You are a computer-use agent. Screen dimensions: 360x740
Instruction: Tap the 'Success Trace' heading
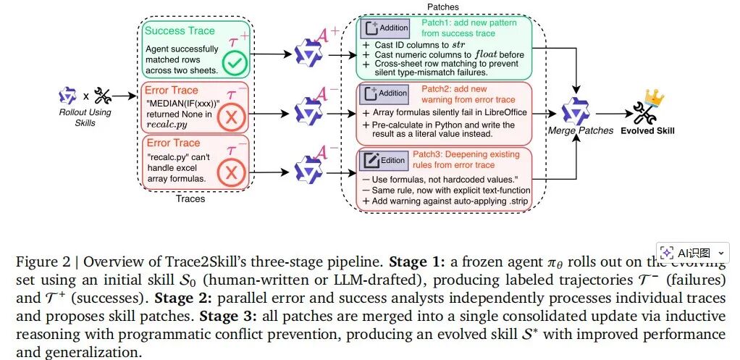point(180,32)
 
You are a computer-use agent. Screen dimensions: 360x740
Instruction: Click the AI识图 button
point(693,254)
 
